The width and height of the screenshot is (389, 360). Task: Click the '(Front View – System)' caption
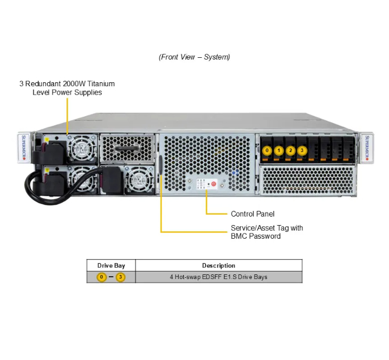[195, 57]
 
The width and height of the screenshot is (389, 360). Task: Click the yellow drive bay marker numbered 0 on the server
[267, 150]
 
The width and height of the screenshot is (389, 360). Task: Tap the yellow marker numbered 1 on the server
[278, 150]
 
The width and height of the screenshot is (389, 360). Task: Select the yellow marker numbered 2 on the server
[290, 150]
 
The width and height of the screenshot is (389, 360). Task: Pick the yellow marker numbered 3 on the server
[302, 150]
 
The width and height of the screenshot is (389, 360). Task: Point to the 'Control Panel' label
[252, 214]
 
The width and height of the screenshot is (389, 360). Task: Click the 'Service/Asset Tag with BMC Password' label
[267, 232]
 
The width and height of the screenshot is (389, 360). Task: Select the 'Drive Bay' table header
[111, 265]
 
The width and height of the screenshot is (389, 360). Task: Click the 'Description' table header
[218, 265]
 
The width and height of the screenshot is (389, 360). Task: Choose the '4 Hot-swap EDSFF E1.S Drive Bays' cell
[218, 277]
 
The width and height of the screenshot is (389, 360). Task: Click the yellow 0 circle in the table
[102, 277]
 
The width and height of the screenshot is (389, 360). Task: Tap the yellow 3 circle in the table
[120, 277]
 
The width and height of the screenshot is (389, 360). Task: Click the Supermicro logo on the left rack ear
[24, 149]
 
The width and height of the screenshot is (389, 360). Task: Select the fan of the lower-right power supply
[137, 181]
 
